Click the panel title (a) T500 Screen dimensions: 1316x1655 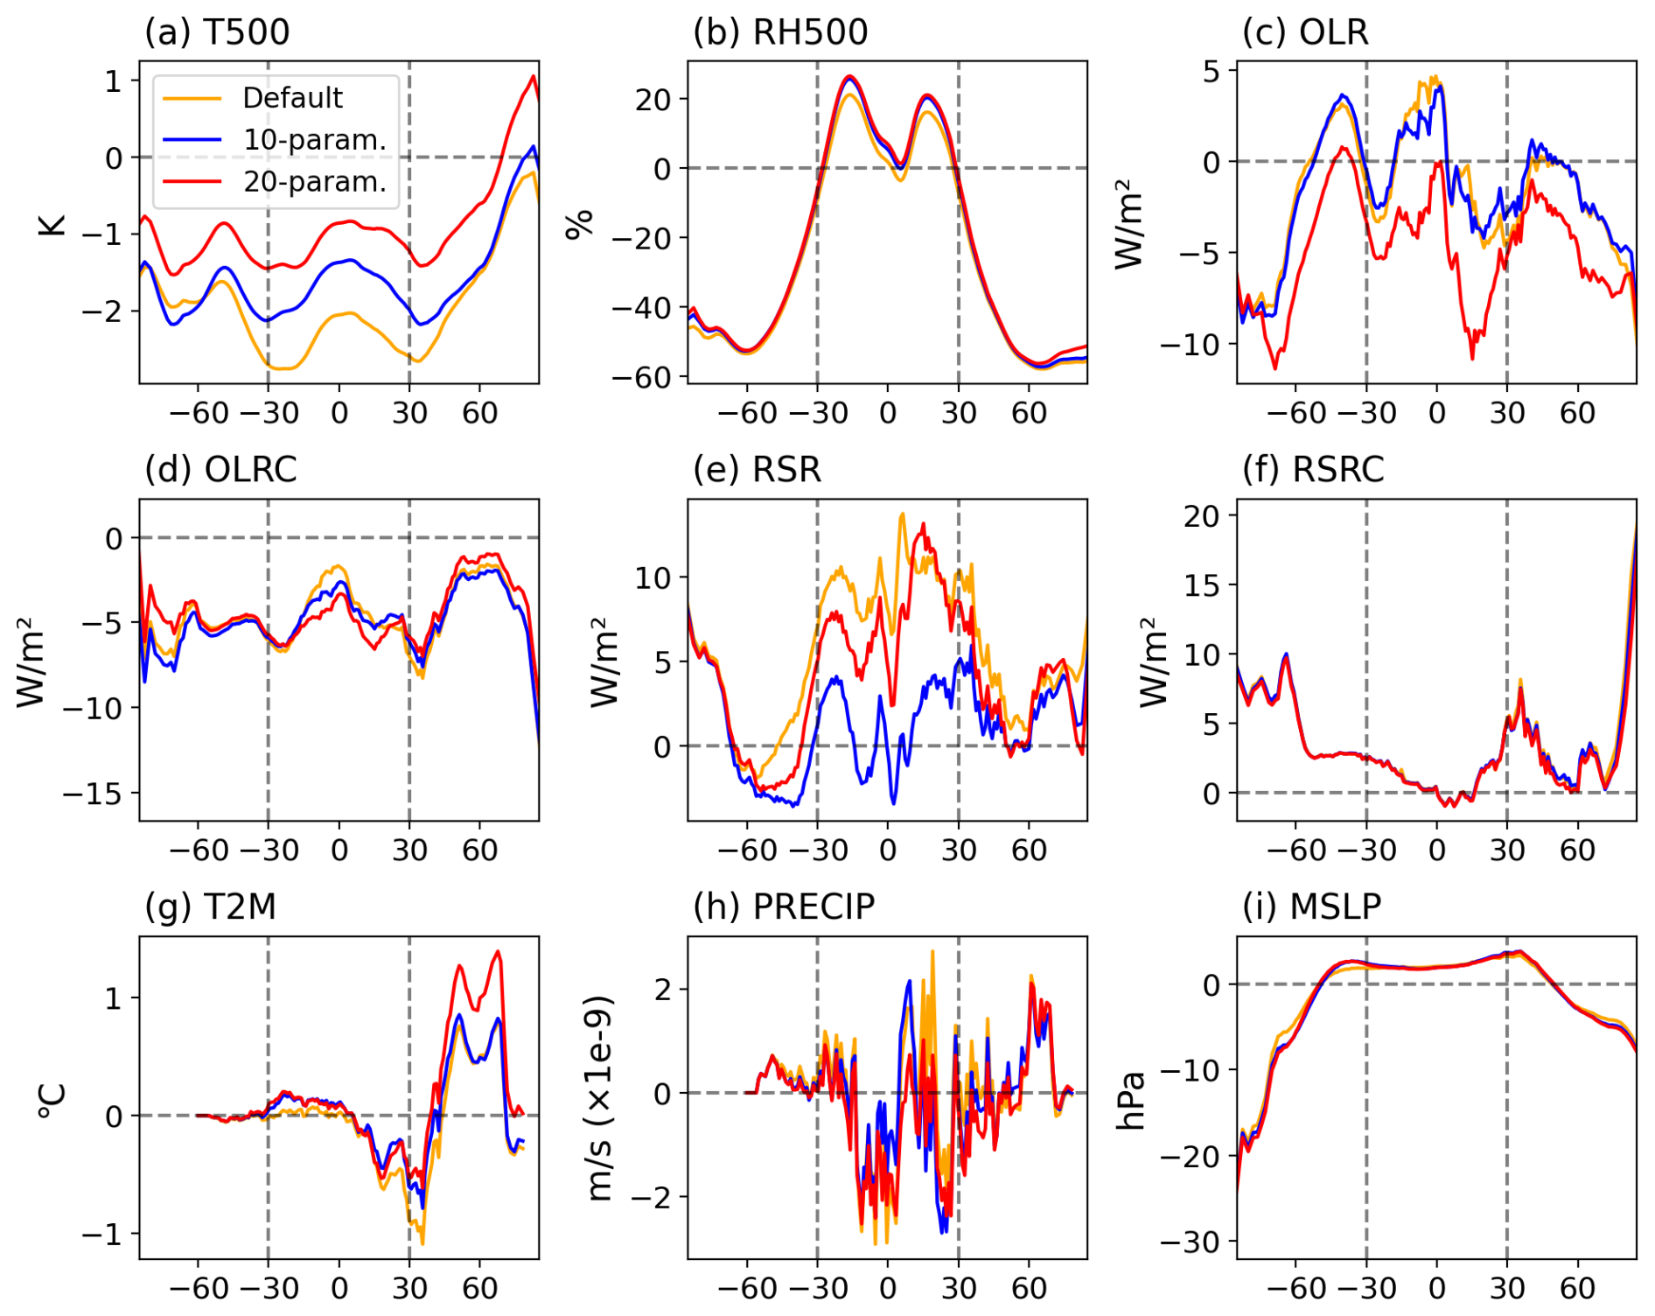coord(217,32)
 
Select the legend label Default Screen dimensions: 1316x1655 coord(292,98)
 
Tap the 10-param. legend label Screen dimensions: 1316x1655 coord(314,140)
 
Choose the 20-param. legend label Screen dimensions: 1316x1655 coord(314,182)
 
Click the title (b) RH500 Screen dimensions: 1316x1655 coord(780,32)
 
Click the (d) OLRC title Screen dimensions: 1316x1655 coord(220,470)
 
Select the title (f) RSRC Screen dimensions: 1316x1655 coord(1313,470)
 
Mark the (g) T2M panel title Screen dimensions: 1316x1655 coord(210,907)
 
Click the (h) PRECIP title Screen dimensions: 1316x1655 coord(783,907)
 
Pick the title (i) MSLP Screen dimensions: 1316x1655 coord(1311,907)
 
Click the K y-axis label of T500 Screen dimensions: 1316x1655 coord(52,224)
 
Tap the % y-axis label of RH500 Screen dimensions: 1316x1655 coord(579,223)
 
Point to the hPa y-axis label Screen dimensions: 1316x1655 coord(1131,1100)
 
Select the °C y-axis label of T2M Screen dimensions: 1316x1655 coord(52,1100)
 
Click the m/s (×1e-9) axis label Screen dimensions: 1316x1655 coord(600,1098)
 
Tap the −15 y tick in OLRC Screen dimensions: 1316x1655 coord(94,794)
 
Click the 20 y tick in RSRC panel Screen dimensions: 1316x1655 coord(1202,516)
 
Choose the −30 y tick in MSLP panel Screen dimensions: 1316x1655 coord(1190,1242)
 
